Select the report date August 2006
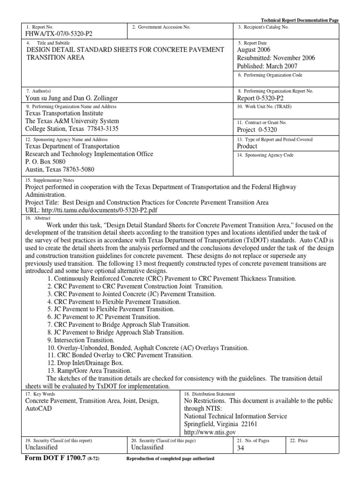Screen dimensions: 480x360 tap(256, 50)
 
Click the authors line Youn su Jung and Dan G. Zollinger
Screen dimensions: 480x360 tap(78, 98)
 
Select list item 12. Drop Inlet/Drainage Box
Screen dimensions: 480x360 tap(85, 363)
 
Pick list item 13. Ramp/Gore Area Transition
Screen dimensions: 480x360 tap(89, 370)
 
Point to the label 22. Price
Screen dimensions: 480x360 tap(299, 441)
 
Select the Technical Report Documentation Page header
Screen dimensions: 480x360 tap(299, 21)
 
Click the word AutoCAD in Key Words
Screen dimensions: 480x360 tap(38, 408)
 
